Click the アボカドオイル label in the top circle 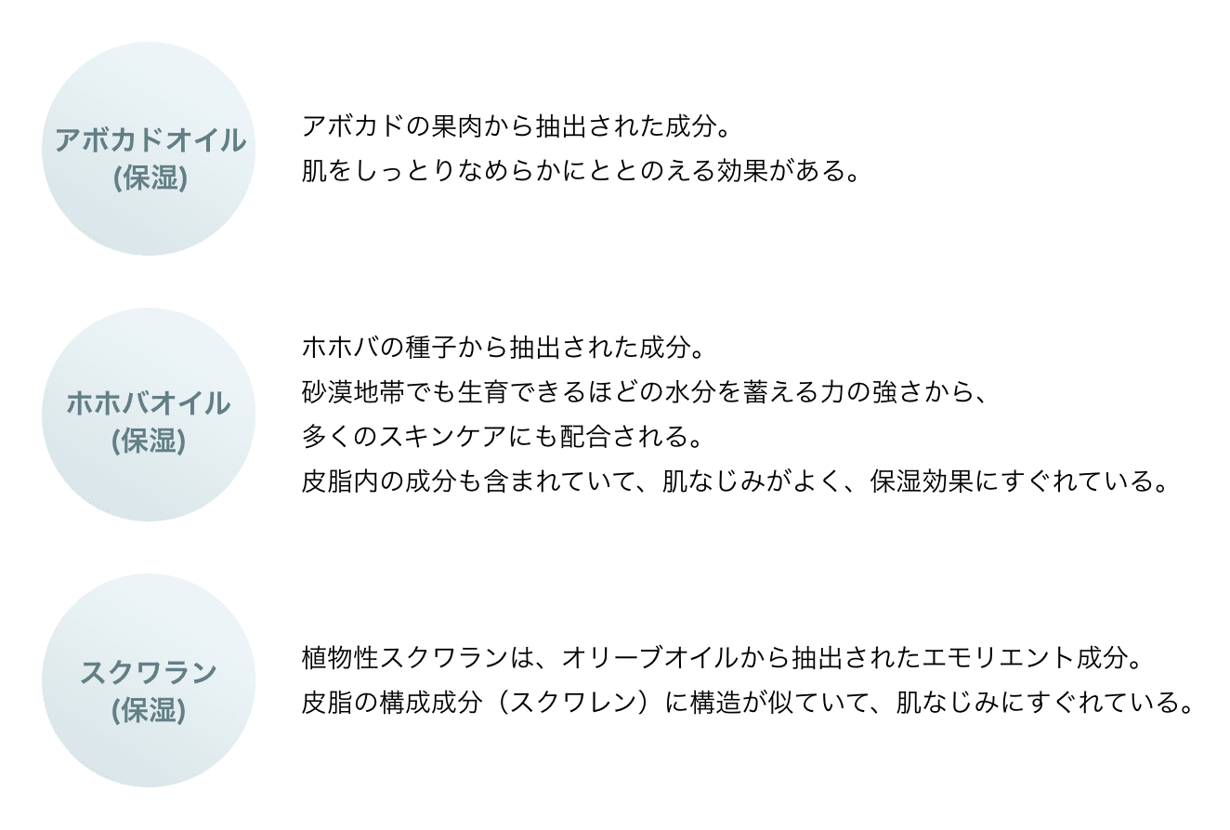[x=149, y=141]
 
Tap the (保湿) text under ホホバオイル [x=149, y=441]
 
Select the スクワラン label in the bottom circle [x=149, y=672]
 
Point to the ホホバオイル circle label [x=149, y=404]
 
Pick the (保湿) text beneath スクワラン [x=149, y=710]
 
